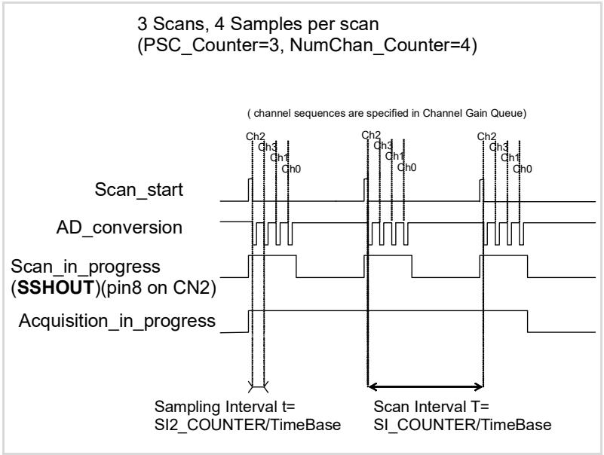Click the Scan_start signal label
click(x=139, y=190)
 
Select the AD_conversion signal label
click(x=119, y=228)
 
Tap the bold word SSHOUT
click(x=57, y=288)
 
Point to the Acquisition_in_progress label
click(x=117, y=322)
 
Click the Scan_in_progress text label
click(x=85, y=267)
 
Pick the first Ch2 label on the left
click(x=256, y=136)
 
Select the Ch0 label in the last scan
click(x=523, y=169)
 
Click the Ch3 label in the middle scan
click(x=383, y=146)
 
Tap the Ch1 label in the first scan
click(x=279, y=158)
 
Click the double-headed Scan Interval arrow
click(x=425, y=386)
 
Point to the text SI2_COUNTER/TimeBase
click(x=247, y=425)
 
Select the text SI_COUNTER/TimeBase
click(x=462, y=425)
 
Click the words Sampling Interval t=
click(x=225, y=407)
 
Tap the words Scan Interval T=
click(x=431, y=407)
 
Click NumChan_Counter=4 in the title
click(x=380, y=45)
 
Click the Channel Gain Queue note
click(x=387, y=113)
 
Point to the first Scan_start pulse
click(x=250, y=189)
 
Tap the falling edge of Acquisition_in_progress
click(x=527, y=321)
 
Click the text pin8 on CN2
click(x=155, y=288)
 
